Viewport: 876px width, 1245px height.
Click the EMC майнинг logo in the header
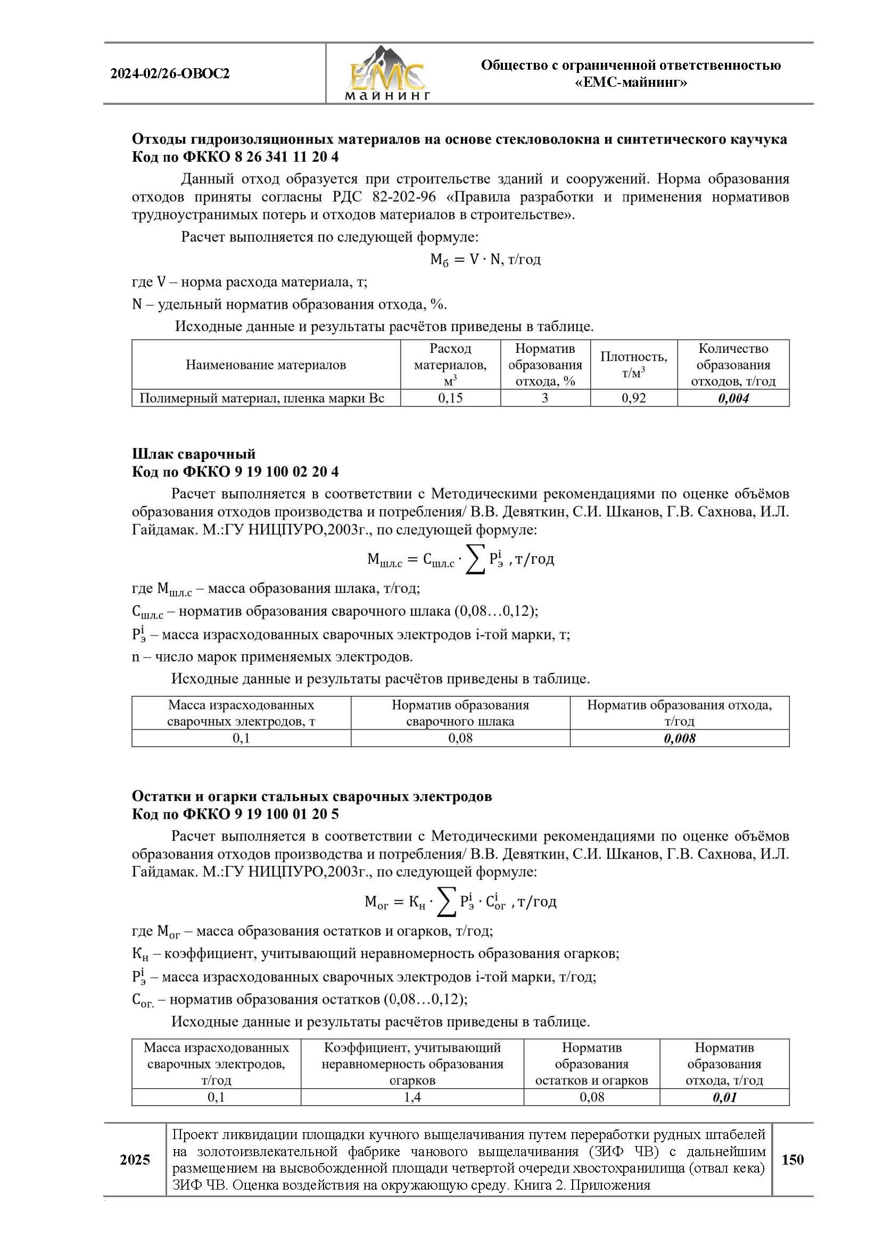(x=386, y=74)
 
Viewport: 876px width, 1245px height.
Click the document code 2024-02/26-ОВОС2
(x=170, y=74)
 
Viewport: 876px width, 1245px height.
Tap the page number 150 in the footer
(x=792, y=1159)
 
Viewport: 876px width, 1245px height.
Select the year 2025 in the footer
(x=135, y=1160)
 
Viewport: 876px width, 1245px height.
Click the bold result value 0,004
(x=733, y=398)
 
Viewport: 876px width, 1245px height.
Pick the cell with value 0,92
(x=633, y=398)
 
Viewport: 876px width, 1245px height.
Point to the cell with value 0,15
(x=450, y=398)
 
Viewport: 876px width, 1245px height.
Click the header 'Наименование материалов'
(x=266, y=365)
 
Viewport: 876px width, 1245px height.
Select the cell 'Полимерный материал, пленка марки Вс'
(x=262, y=398)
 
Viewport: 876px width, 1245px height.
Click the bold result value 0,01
(x=724, y=1097)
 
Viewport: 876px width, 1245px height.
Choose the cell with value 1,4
(x=412, y=1097)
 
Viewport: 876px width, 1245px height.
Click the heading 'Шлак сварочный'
(x=194, y=454)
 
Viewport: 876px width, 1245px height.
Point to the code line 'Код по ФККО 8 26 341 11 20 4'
(x=235, y=156)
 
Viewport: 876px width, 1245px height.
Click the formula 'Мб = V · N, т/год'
(x=485, y=260)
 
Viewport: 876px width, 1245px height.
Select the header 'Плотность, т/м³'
(x=633, y=365)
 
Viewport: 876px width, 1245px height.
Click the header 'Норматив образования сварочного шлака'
(x=460, y=713)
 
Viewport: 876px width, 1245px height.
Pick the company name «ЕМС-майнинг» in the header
(x=631, y=83)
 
